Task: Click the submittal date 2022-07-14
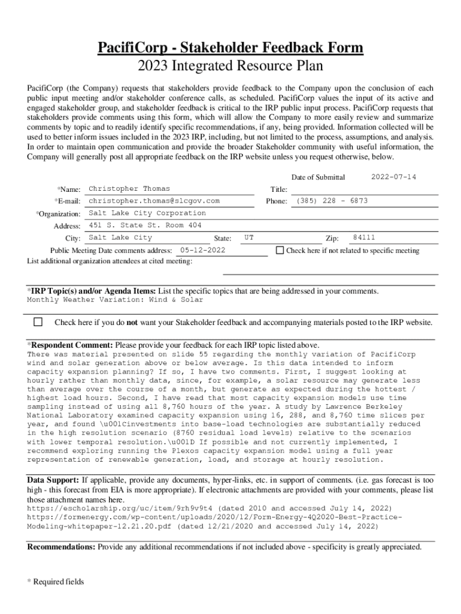393,177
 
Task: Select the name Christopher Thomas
129,189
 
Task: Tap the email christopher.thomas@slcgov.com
154,201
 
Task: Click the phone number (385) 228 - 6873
332,201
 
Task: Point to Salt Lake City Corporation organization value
147,213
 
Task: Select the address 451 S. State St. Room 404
145,225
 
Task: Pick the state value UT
249,237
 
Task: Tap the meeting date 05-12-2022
202,250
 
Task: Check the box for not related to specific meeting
280,250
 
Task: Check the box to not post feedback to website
38,322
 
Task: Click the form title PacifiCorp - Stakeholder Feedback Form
230,47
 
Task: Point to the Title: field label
278,189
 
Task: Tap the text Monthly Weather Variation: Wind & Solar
115,300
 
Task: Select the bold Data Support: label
53,480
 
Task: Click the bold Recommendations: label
61,547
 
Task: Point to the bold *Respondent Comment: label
70,345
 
